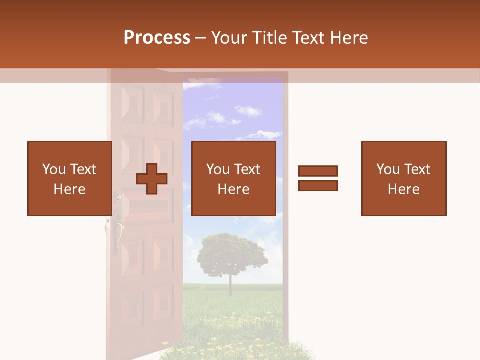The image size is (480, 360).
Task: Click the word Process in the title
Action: point(157,38)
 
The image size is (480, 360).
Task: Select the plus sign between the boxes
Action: point(152,178)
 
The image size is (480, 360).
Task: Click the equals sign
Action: point(318,178)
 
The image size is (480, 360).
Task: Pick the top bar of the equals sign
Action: point(318,171)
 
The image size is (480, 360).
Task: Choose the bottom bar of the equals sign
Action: point(318,185)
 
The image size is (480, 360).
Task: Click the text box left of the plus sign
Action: point(69,178)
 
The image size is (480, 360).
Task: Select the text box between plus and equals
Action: point(233,178)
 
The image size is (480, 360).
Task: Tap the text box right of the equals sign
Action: point(403,178)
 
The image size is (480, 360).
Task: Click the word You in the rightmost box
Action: point(388,169)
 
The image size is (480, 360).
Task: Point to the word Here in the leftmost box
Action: point(69,189)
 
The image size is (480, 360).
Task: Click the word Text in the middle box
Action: point(247,169)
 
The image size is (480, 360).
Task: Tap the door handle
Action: point(117,230)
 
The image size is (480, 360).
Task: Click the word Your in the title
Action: point(231,38)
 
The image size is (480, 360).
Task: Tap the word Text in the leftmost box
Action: point(83,169)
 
